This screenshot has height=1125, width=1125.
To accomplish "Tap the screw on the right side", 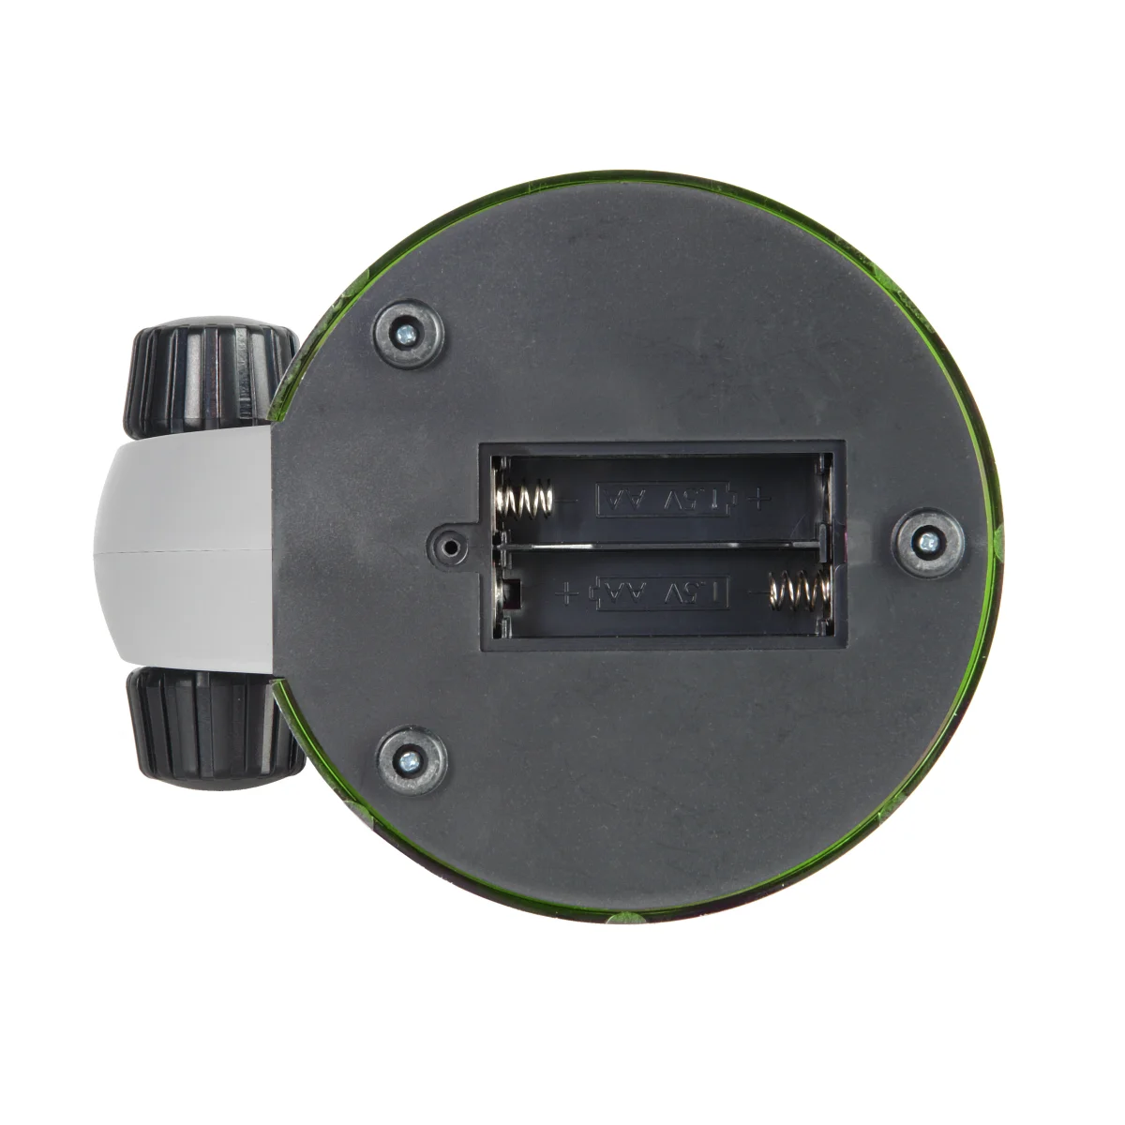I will tap(927, 540).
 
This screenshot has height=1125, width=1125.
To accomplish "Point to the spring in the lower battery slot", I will tap(798, 592).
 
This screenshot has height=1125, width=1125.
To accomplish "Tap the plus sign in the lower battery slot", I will tap(565, 592).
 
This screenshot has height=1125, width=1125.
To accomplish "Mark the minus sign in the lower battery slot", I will tap(751, 591).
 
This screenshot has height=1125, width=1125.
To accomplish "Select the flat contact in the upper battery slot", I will tap(822, 500).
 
